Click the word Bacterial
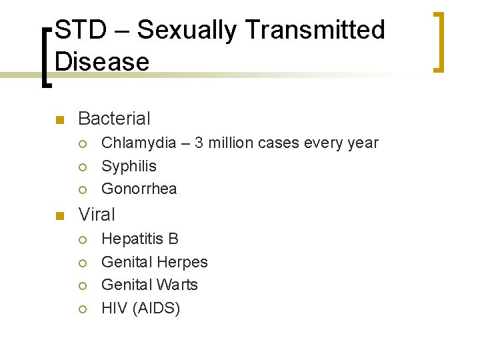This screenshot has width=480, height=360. pyautogui.click(x=114, y=119)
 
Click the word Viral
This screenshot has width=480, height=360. pyautogui.click(x=97, y=215)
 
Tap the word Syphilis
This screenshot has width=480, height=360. pyautogui.click(x=129, y=166)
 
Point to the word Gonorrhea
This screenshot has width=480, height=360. pyautogui.click(x=139, y=189)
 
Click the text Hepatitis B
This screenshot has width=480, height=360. pyautogui.click(x=140, y=239)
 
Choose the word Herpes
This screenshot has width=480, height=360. pyautogui.click(x=181, y=262)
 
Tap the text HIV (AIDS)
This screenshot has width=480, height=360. pyautogui.click(x=141, y=308)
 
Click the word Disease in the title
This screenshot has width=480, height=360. pyautogui.click(x=102, y=62)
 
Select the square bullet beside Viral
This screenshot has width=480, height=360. pyautogui.click(x=58, y=216)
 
